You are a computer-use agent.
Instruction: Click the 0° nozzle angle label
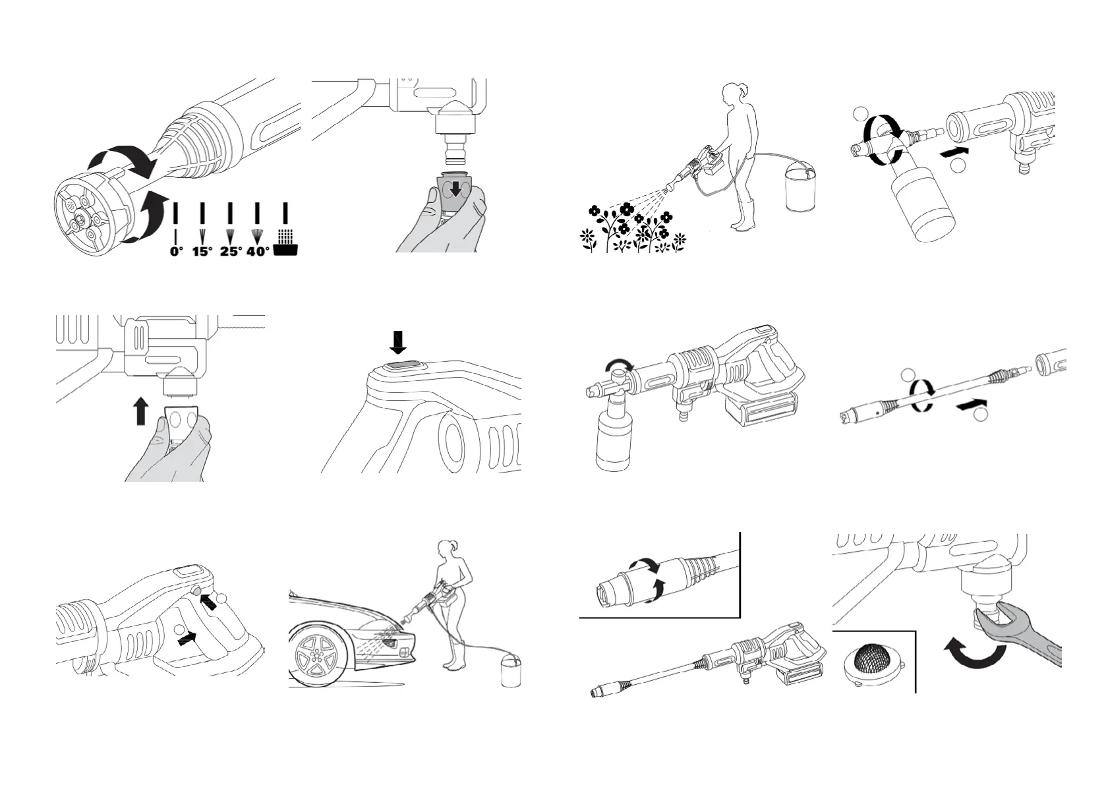point(175,251)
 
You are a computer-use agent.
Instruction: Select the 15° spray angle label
point(202,251)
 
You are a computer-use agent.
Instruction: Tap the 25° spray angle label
point(230,251)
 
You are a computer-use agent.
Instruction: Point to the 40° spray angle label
point(258,251)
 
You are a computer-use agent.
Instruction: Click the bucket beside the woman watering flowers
point(802,190)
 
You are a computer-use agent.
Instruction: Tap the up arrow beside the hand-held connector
point(140,411)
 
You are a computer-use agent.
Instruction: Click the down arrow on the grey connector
point(455,190)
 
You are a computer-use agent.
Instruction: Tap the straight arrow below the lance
point(972,407)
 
